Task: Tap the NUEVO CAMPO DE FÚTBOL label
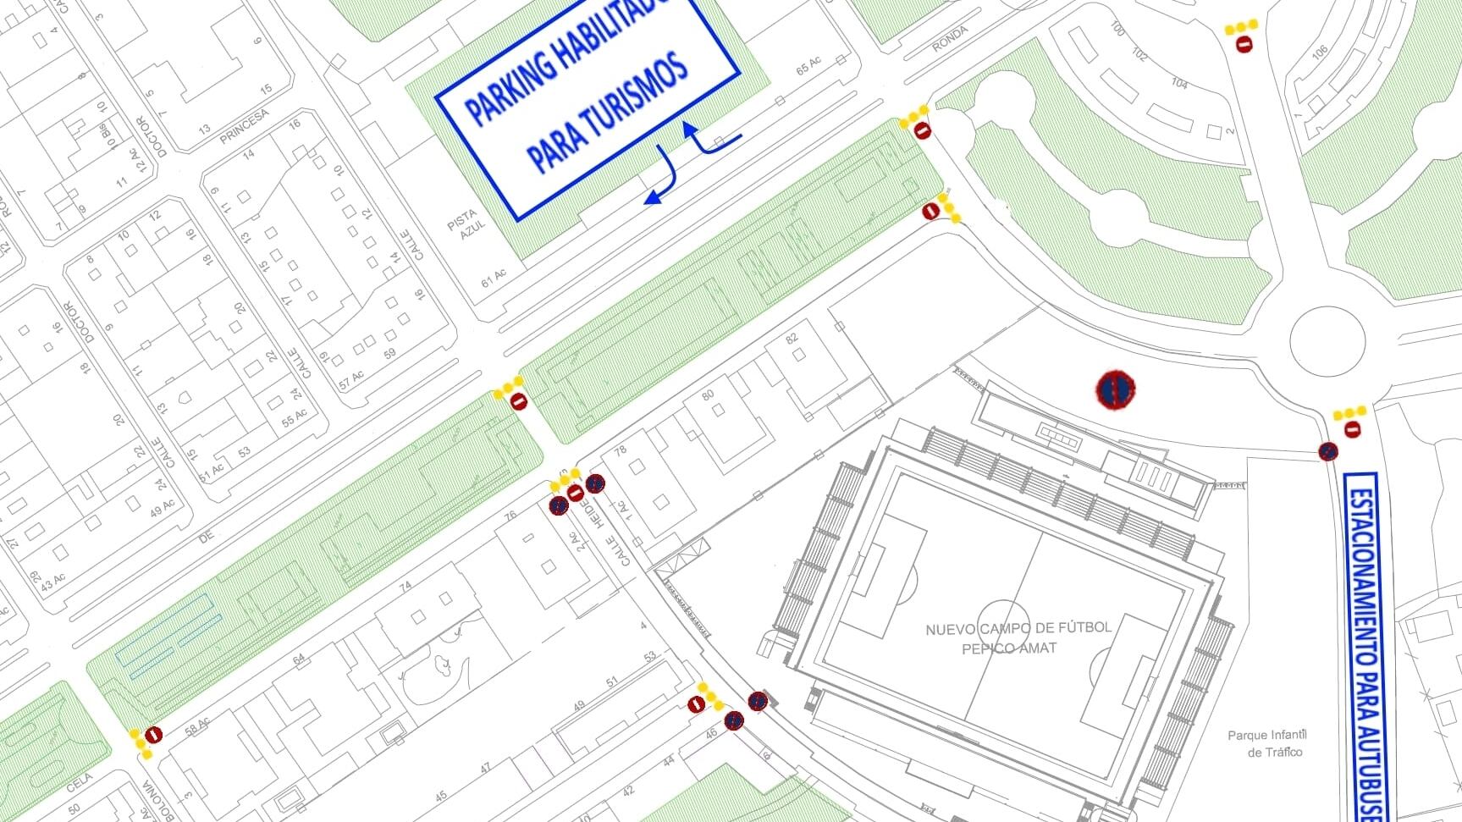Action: pos(1018,628)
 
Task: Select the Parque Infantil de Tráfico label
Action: pos(1267,743)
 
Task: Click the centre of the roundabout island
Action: pos(1327,342)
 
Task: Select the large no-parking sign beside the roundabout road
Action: pos(1116,389)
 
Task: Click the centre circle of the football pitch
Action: pos(1006,627)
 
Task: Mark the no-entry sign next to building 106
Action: pos(1244,44)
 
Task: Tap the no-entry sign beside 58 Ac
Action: pos(153,735)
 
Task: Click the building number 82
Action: pos(792,339)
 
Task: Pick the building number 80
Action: pos(708,394)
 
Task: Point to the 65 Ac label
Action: pos(808,65)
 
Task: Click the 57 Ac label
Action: pos(351,378)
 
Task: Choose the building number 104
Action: pos(1179,83)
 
